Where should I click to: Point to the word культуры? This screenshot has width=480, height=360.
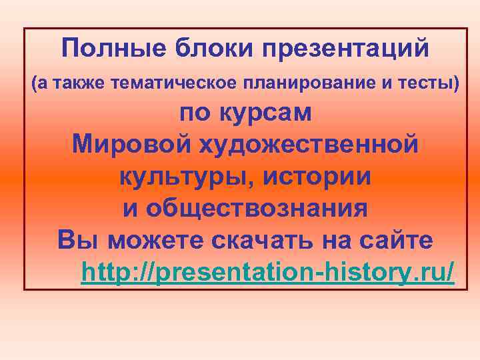tap(187, 176)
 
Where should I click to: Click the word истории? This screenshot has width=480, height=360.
tap(317, 176)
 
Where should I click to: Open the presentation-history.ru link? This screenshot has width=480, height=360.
tap(267, 272)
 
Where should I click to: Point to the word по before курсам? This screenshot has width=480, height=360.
tap(194, 113)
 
